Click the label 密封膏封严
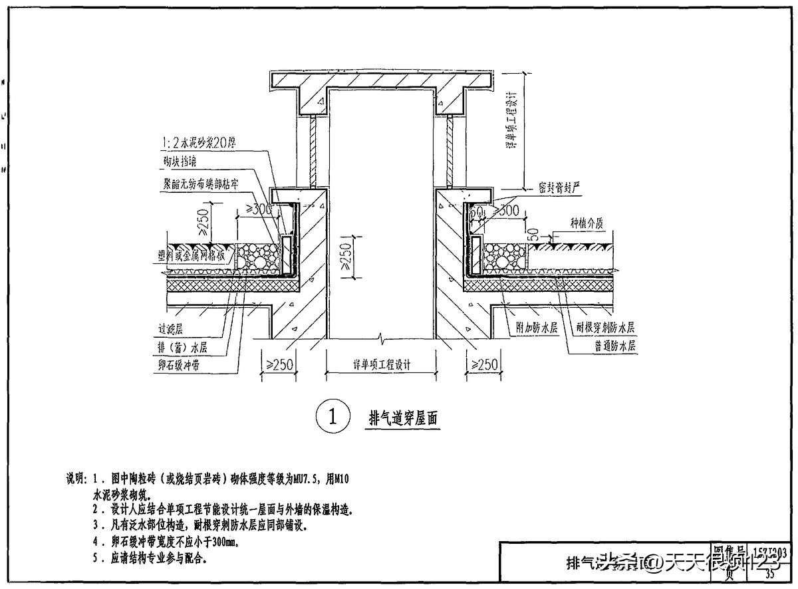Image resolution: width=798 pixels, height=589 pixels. click(x=560, y=188)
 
